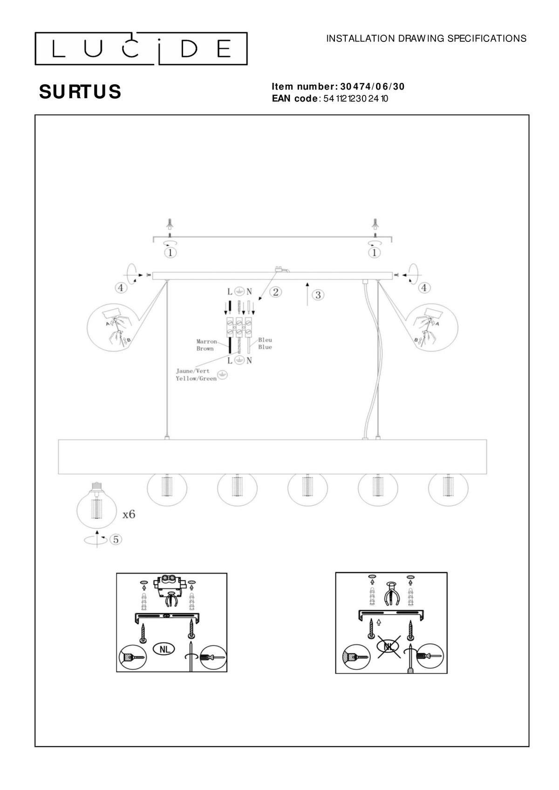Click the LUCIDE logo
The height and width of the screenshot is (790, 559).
[141, 49]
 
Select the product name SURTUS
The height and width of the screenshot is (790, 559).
[80, 92]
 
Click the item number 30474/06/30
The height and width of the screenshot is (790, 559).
[372, 87]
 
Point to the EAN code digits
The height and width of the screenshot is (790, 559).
[356, 98]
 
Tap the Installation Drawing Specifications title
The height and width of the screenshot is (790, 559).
[426, 39]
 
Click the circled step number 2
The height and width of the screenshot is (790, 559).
[275, 292]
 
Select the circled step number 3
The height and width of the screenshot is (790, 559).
[318, 295]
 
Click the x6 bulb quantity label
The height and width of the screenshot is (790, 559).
[129, 514]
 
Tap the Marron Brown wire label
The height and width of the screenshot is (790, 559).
[206, 345]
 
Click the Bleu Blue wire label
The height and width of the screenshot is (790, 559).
[265, 344]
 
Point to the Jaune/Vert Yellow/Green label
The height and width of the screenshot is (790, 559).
[196, 375]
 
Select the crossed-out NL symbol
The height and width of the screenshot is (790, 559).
[389, 647]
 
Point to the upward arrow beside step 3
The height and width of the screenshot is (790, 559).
[307, 294]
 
